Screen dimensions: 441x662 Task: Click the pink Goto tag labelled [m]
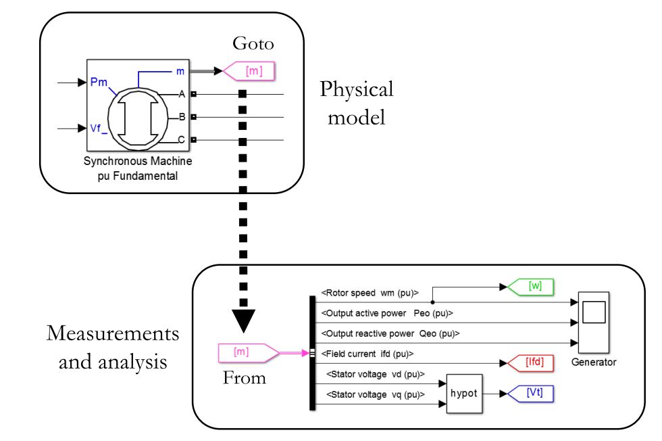(251, 70)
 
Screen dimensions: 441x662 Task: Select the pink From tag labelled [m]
(244, 352)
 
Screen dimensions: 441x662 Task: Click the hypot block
(465, 393)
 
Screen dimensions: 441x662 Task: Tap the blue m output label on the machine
(180, 71)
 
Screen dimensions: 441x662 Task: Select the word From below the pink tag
(244, 377)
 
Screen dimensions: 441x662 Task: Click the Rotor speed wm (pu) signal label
(370, 293)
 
